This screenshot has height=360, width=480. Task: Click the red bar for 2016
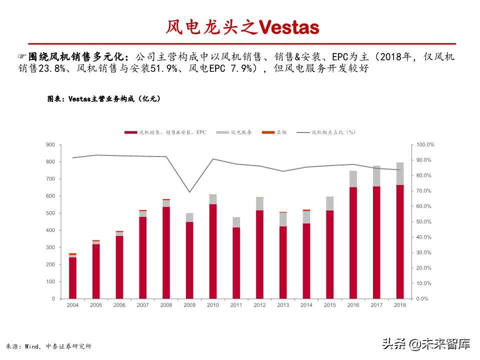[x=353, y=243]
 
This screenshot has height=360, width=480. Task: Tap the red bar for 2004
[x=72, y=278]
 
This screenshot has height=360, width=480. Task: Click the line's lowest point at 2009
[x=189, y=192]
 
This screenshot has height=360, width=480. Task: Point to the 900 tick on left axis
[x=50, y=144]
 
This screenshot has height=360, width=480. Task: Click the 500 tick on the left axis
[x=50, y=213]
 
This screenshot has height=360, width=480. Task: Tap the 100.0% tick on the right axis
[x=425, y=144]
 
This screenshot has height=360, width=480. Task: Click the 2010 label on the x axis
[x=213, y=304]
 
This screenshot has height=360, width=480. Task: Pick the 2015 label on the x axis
[x=329, y=304]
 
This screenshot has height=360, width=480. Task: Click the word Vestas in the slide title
[x=288, y=27]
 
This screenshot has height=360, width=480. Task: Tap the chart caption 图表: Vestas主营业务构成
[x=104, y=99]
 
